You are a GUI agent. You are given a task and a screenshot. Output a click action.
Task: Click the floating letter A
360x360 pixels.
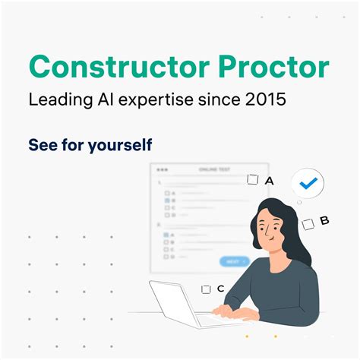(x=269, y=180)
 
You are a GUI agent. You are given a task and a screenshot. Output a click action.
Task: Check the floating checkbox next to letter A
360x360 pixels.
(x=253, y=180)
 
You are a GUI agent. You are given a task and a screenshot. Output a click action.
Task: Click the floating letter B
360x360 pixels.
(x=324, y=221)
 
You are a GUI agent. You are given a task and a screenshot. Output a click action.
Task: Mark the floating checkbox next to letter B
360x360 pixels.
(x=308, y=224)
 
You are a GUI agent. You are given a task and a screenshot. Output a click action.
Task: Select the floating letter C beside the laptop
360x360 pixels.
(x=220, y=289)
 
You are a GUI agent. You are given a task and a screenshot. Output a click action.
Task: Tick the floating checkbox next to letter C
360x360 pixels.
(x=206, y=289)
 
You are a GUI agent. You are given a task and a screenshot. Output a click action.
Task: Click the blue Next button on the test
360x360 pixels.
(x=233, y=261)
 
